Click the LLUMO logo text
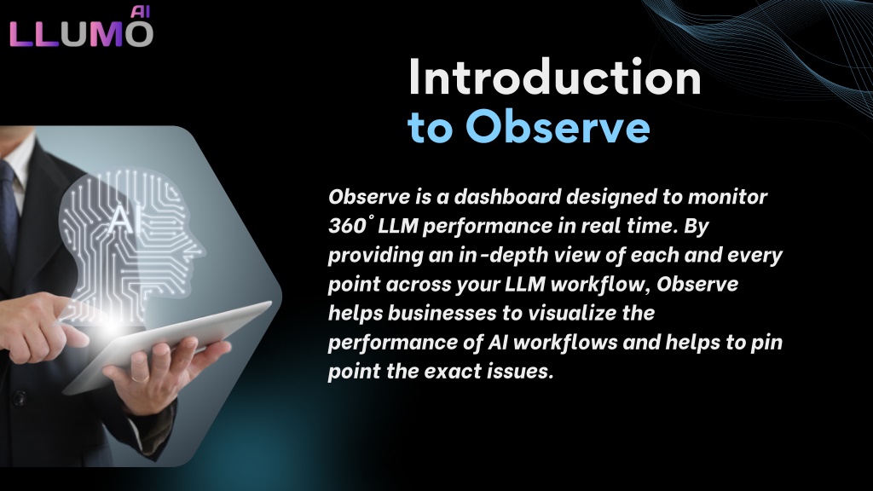point(81,33)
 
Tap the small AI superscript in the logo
point(141,12)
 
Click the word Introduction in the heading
point(554,77)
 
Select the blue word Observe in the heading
point(558,126)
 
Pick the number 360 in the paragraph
point(347,225)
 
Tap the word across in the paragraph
point(418,284)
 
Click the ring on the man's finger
point(140,378)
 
